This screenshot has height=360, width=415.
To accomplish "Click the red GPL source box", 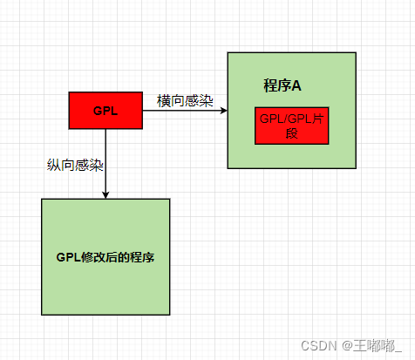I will [105, 110].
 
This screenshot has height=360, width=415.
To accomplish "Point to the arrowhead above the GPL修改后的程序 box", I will [105, 194].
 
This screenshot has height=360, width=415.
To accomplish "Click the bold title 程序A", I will [282, 85].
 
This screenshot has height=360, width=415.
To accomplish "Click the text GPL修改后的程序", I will [105, 258].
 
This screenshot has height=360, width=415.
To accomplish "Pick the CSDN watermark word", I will [318, 345].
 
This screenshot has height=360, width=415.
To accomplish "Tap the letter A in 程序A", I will [296, 85].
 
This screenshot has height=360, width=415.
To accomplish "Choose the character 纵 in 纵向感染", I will [53, 164].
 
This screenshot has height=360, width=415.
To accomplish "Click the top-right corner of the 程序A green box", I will [356, 53].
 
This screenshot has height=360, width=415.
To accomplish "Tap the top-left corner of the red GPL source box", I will [70, 92].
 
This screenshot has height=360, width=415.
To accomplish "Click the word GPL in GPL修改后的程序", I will [68, 258].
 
